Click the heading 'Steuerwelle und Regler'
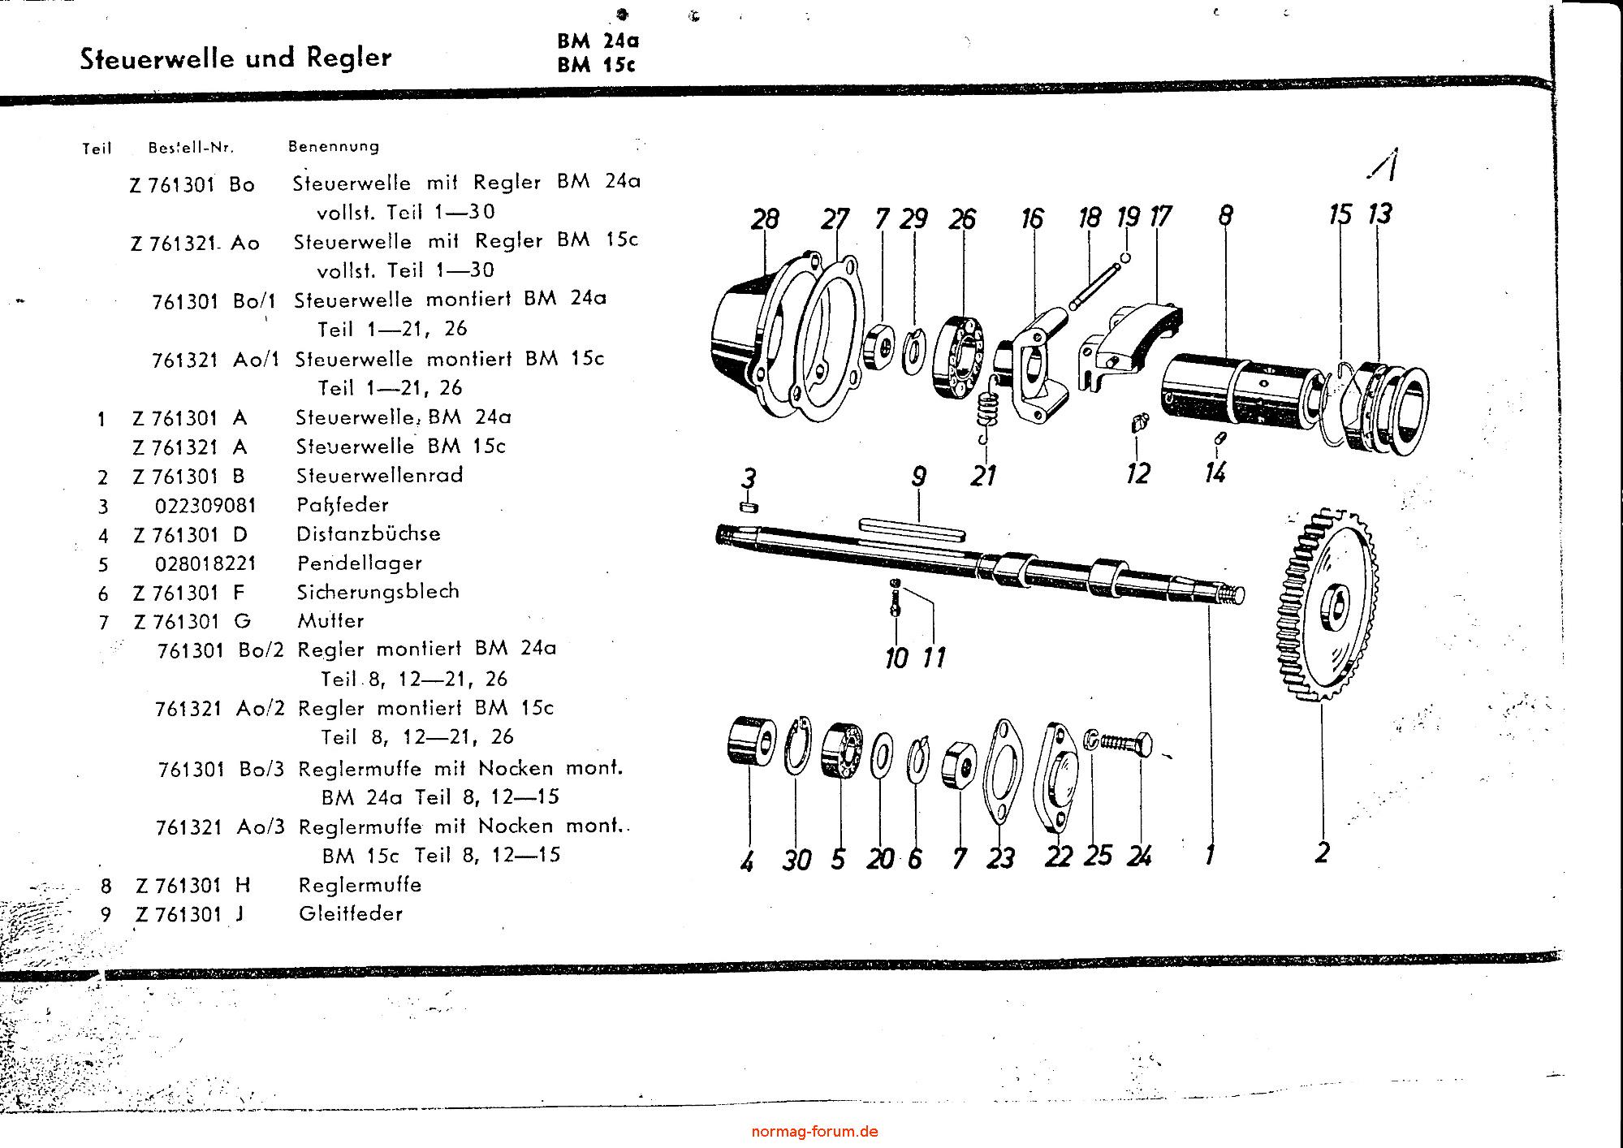[x=235, y=58]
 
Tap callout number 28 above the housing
[x=765, y=219]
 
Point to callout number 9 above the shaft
[x=918, y=476]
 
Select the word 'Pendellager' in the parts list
[x=359, y=563]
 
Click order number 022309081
[x=205, y=506]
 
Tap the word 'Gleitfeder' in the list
[x=351, y=913]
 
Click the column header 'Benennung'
[x=334, y=147]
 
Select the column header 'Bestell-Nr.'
[x=191, y=148]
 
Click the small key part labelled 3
[x=749, y=507]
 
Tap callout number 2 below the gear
[x=1322, y=852]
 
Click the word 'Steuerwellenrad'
[x=379, y=475]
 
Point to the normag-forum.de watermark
[x=814, y=1131]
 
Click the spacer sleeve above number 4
[x=747, y=744]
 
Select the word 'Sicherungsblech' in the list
[x=378, y=591]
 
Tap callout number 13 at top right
[x=1379, y=214]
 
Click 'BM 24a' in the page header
[x=598, y=41]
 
